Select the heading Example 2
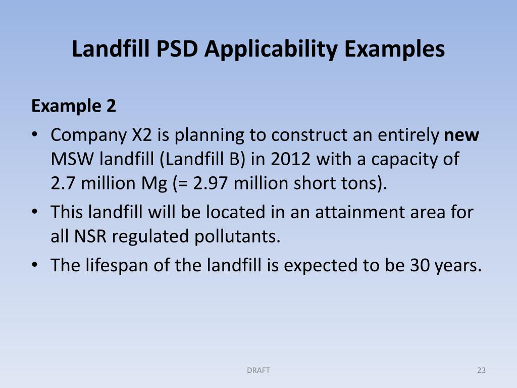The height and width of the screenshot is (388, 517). [x=74, y=106]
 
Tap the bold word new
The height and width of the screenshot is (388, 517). [x=461, y=135]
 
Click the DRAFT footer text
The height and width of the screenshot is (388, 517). [x=258, y=370]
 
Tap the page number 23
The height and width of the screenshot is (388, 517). [x=481, y=370]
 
